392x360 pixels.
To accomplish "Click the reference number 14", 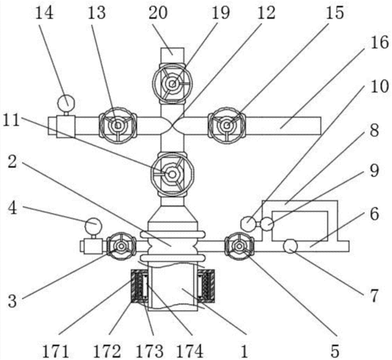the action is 44,13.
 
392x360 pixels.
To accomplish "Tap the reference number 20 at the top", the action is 158,13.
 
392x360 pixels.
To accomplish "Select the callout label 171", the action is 55,351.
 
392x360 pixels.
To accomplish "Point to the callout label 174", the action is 190,351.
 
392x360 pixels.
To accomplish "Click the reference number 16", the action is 380,42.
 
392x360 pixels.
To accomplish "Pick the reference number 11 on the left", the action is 12,120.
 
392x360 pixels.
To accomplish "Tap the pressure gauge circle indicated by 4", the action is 94,226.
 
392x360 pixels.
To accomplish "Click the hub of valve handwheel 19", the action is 172,84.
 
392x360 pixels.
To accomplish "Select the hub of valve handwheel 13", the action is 117,125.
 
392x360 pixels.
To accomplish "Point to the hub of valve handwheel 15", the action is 226,125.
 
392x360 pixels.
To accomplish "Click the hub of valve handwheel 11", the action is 172,174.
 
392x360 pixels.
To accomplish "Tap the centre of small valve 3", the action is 122,246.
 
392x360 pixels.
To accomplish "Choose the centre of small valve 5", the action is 239,246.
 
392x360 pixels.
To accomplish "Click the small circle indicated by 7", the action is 290,246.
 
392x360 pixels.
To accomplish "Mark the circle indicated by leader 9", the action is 267,224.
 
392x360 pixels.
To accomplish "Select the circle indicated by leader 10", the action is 247,223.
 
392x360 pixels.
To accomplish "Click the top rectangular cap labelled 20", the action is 172,55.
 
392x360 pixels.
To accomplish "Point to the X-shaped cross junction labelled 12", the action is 172,125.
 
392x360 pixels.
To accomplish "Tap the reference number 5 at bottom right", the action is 335,351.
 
